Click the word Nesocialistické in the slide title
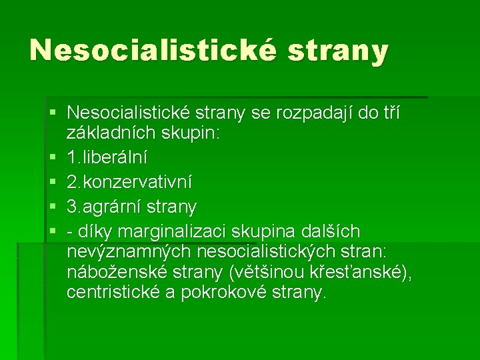click(152, 50)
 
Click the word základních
click(113, 133)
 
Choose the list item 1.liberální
click(107, 158)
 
